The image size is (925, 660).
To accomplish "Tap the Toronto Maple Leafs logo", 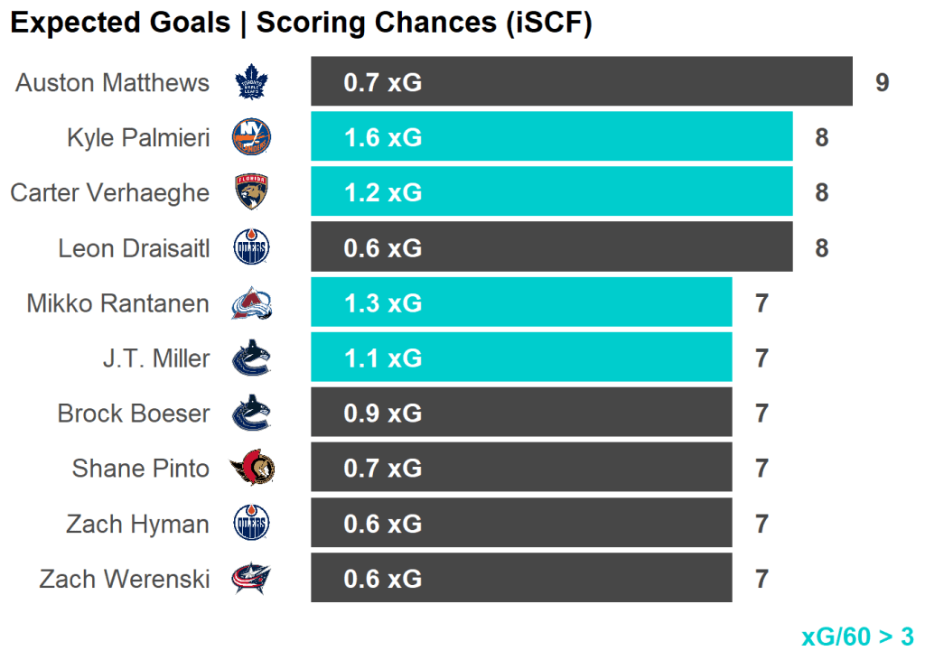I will point(252,83).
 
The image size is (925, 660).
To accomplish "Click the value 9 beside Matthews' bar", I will point(882,83).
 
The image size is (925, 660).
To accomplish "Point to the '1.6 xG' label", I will point(382,138).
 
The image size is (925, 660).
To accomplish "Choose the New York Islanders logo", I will point(252,137).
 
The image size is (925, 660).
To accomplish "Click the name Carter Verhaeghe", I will point(109,193).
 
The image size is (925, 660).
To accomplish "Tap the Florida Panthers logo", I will point(252,192).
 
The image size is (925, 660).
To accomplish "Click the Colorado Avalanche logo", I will point(252,303).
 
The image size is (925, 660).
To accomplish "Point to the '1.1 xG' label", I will point(382,358).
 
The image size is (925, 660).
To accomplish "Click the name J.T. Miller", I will point(155,358).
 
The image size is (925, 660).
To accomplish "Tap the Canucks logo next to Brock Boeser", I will point(252,414).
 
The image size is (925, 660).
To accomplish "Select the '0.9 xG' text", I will point(382,414).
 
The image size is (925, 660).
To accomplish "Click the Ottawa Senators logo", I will point(252,469).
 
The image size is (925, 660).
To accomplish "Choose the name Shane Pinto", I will point(140,469).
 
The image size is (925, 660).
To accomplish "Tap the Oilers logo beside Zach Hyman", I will point(252,524).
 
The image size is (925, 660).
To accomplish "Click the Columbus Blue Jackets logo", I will point(252,579).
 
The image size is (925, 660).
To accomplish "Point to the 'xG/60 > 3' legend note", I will point(857,637).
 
